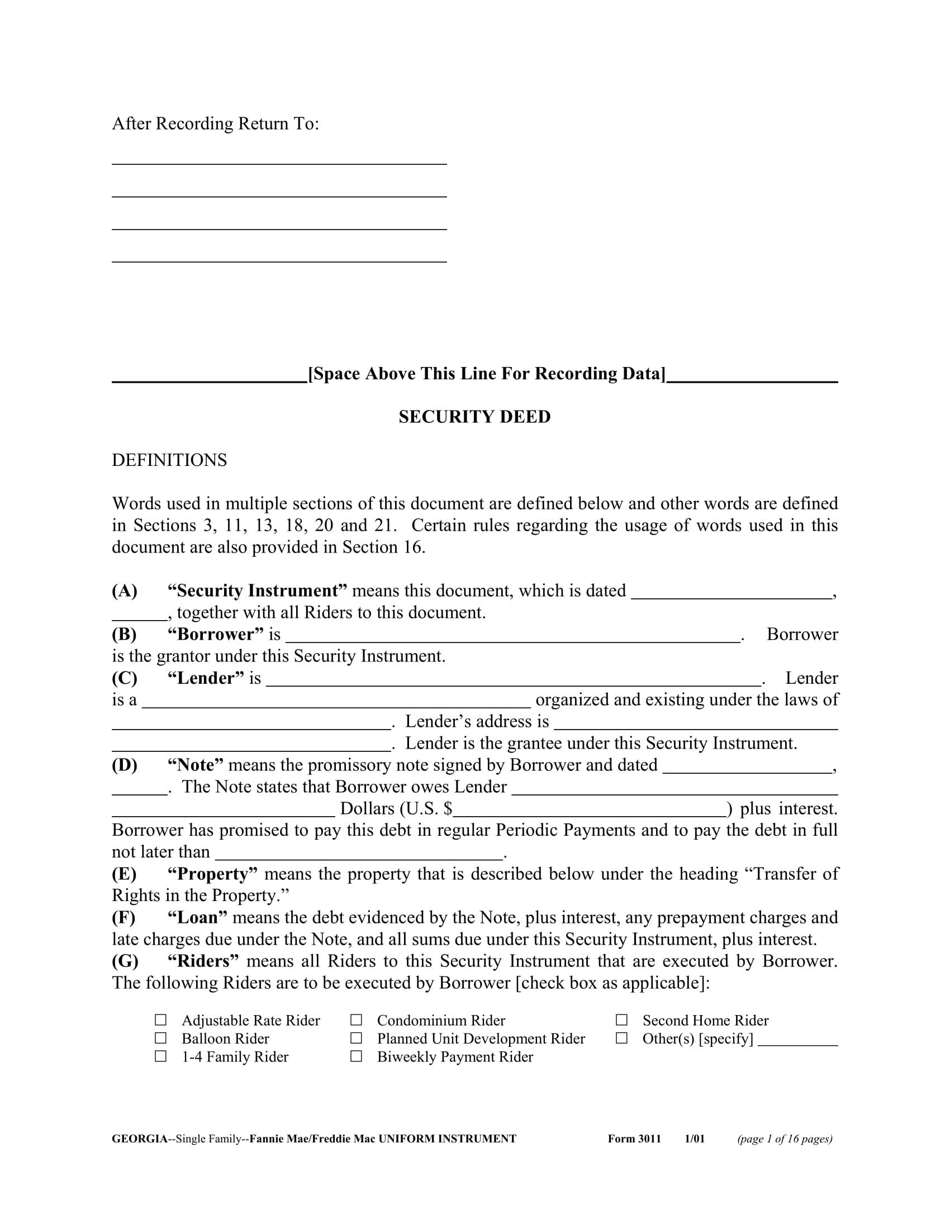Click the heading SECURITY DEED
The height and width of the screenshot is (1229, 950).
474,417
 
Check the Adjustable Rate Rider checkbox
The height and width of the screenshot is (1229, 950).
161,1020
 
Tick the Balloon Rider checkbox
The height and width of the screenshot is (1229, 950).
161,1038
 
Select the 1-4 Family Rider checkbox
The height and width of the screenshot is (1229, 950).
161,1056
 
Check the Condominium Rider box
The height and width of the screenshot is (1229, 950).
357,1020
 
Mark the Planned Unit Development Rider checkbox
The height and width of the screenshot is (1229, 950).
357,1038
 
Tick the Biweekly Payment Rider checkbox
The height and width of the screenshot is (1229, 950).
357,1056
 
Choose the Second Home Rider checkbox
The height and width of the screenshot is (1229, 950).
621,1020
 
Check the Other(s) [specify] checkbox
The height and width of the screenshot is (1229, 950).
621,1038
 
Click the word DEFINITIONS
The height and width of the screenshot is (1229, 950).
169,460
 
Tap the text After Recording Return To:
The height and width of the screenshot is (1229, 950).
216,124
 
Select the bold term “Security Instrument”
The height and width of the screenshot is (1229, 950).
257,591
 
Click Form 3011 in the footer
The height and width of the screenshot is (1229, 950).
634,1139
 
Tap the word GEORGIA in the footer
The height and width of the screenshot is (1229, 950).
140,1139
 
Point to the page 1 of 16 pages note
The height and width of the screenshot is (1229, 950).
785,1139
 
